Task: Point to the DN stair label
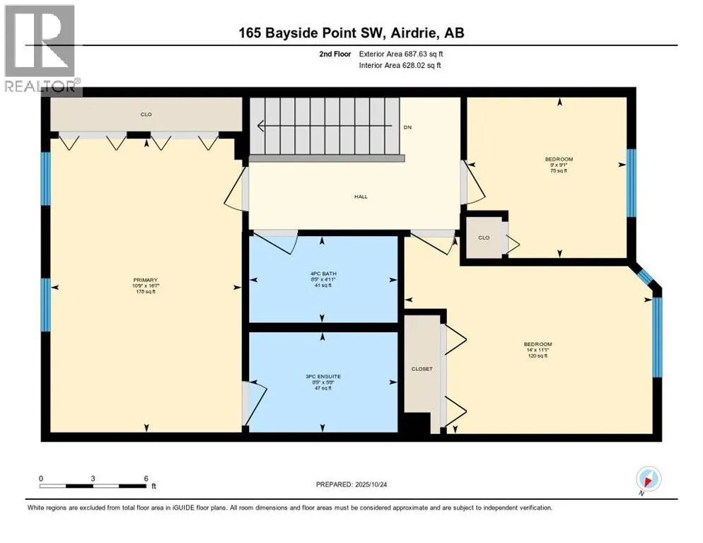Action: tap(407, 127)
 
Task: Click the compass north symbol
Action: tap(649, 479)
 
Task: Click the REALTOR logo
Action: tap(40, 49)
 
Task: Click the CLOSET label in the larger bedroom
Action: tap(422, 369)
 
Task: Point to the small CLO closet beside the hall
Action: tap(484, 238)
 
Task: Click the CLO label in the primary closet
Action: tap(146, 114)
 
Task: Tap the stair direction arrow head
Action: tap(261, 127)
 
